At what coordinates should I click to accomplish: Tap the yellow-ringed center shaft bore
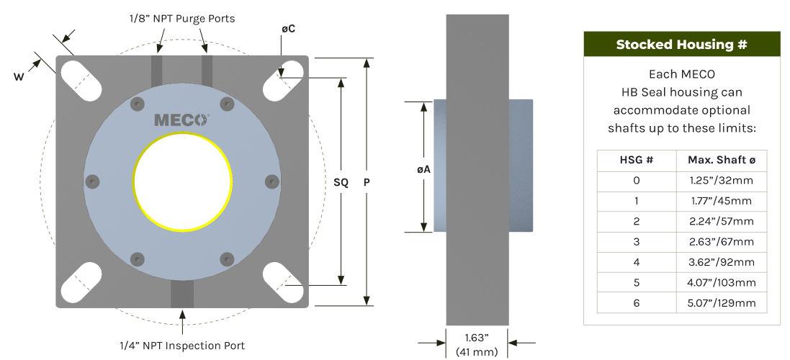tap(182, 181)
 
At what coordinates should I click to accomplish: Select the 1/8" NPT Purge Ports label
tap(182, 19)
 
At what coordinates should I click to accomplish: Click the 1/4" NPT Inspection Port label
tap(182, 346)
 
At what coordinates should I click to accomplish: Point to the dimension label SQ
tap(341, 183)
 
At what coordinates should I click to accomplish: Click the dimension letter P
tap(367, 182)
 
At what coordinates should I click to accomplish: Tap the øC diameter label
tap(288, 30)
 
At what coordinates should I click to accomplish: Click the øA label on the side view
tap(423, 170)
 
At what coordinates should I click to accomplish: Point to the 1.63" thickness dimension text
tap(477, 336)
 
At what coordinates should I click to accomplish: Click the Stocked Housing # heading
tap(682, 45)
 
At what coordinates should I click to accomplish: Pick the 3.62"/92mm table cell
tap(722, 262)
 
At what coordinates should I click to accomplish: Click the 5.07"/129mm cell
tap(722, 302)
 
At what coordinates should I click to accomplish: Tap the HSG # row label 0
tap(637, 180)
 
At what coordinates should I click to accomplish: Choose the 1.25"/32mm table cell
tap(722, 180)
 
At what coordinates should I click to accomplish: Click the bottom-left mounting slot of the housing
tap(81, 282)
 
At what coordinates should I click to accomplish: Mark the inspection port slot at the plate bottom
tap(182, 293)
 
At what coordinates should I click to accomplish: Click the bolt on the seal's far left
tap(93, 181)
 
